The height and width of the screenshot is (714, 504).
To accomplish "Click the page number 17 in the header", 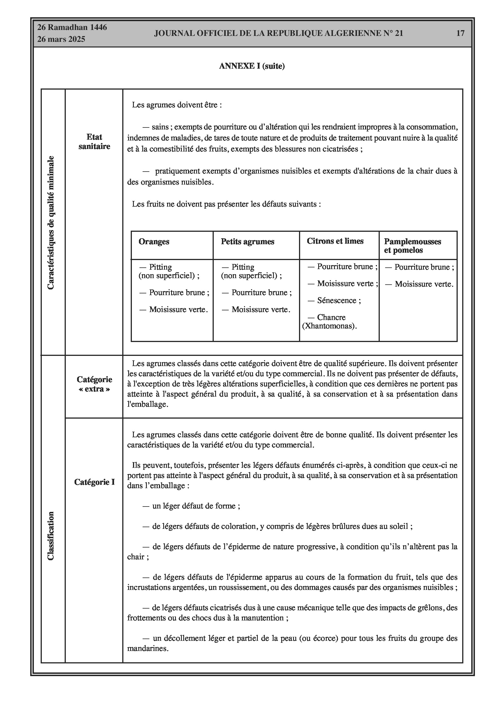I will coord(460,33).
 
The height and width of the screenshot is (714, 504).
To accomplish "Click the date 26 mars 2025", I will coord(61,39).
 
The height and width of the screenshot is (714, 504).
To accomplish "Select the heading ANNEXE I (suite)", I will coord(252,66).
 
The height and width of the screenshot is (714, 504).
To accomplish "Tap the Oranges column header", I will coord(154,242).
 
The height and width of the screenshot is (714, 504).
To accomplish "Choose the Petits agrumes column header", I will coord(247,242).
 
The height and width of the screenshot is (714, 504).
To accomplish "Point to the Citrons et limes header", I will coord(335,241).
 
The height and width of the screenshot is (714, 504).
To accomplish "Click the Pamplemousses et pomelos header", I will coord(412,246).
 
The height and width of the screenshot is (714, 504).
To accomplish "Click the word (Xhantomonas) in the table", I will coord(329,326).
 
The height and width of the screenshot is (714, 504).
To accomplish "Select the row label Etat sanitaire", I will coord(94,142).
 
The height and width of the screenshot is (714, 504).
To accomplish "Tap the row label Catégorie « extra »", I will coord(94,384).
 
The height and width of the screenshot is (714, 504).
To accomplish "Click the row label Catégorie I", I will coord(94,482).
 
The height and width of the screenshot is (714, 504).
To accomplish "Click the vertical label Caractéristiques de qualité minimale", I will coord(51,222).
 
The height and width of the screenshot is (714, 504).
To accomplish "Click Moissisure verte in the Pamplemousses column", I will coord(424,284).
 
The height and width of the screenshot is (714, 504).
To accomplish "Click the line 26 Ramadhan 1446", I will coord(72,27).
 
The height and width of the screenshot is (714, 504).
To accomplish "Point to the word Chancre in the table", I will coord(331,317).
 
